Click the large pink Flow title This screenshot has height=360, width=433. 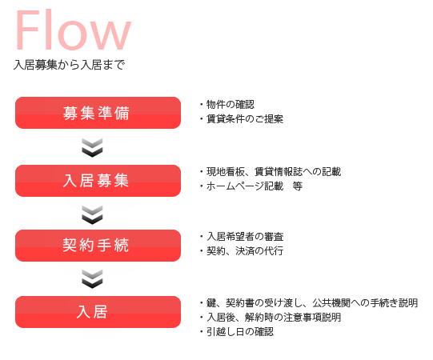(73, 30)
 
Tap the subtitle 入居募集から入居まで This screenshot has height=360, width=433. (69, 65)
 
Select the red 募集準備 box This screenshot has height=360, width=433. (98, 113)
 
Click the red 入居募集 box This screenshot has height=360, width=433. (98, 181)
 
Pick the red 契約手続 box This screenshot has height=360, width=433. (98, 246)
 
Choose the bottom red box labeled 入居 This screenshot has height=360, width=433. (98, 312)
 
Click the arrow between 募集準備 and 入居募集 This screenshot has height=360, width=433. (92, 148)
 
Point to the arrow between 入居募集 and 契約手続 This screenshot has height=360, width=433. (92, 214)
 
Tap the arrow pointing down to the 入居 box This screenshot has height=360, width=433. (92, 279)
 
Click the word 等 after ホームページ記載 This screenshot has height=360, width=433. (298, 186)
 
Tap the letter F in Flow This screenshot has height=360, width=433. (28, 30)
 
